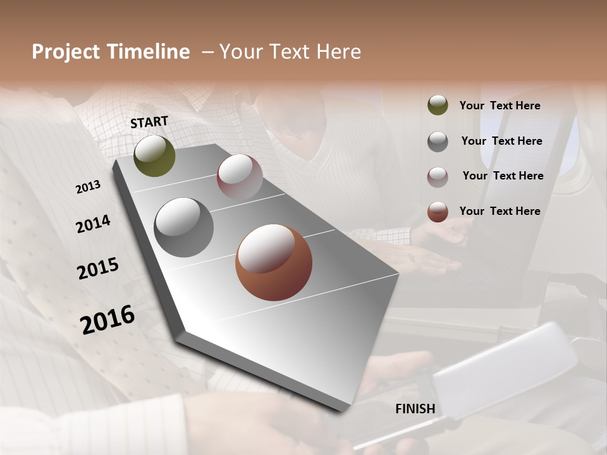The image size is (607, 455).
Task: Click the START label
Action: [149, 122]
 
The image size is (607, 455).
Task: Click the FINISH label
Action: [415, 409]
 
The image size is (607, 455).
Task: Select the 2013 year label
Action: [88, 187]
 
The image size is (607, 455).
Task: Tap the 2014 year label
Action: [93, 224]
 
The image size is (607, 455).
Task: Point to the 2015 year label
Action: [98, 269]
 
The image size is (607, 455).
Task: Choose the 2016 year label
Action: [107, 320]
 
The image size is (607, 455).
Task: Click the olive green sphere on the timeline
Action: [154, 156]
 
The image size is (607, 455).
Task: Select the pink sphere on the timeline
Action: [240, 176]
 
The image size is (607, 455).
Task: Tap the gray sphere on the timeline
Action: [184, 227]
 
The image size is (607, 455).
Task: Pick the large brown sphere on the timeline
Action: [274, 262]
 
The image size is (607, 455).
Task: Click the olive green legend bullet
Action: [438, 106]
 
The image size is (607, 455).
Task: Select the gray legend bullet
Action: [438, 142]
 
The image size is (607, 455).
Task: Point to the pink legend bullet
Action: [438, 177]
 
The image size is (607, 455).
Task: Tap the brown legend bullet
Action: [438, 212]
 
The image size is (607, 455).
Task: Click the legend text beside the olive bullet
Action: [500, 106]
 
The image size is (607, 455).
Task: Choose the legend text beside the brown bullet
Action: [500, 211]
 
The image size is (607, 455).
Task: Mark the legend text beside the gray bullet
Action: [501, 141]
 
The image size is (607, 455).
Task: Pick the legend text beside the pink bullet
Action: [503, 176]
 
